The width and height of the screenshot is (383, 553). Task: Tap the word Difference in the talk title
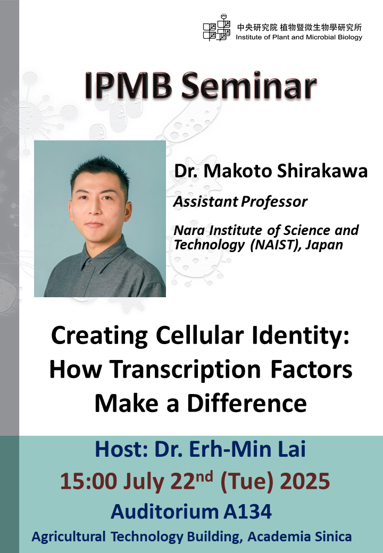tap(248, 403)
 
